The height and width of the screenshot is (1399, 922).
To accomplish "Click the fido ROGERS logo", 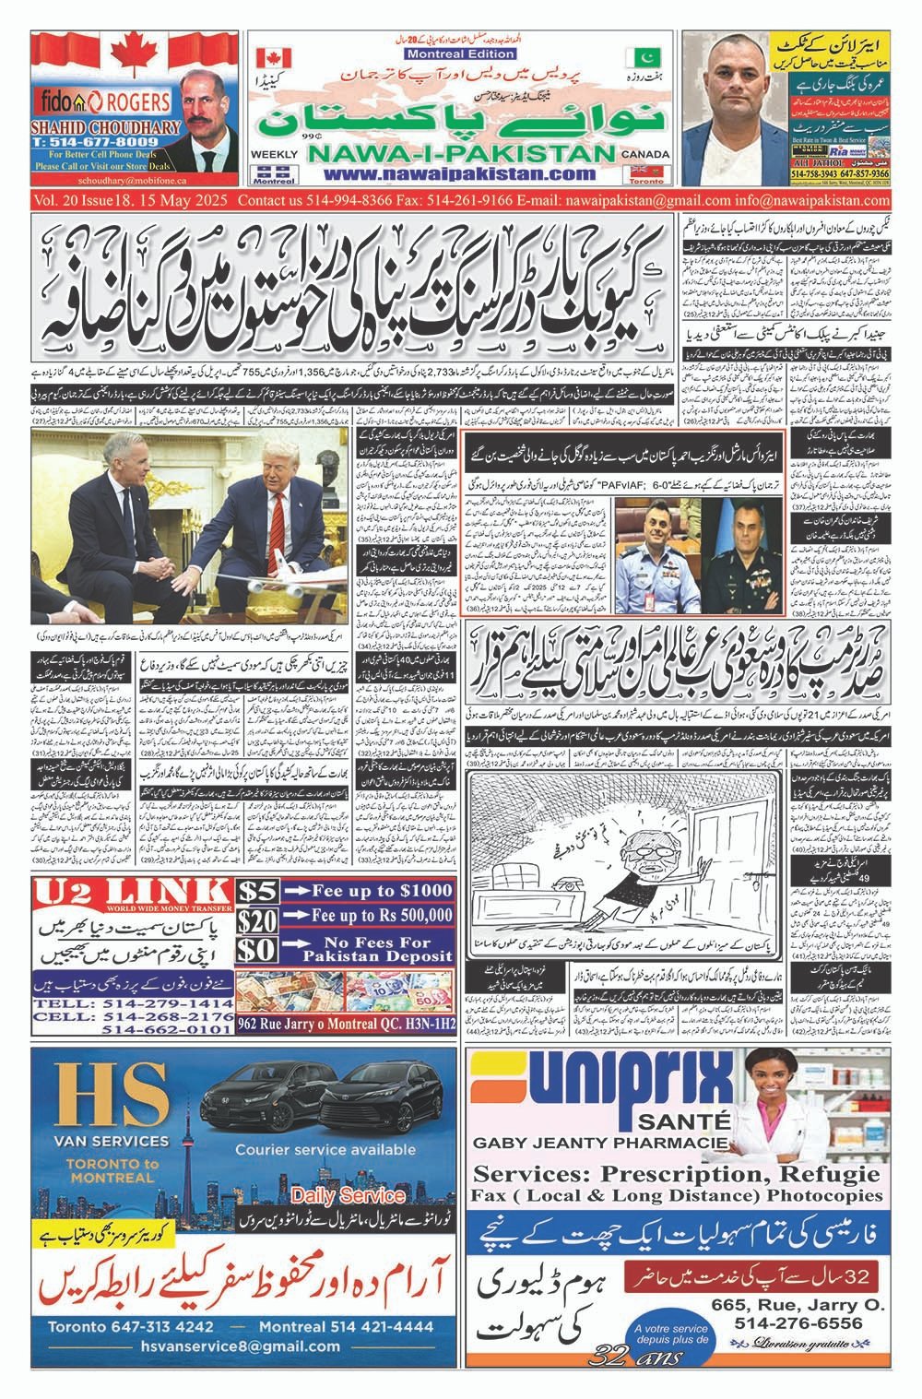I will click(89, 101).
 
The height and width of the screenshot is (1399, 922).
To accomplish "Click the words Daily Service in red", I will click(349, 1195).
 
